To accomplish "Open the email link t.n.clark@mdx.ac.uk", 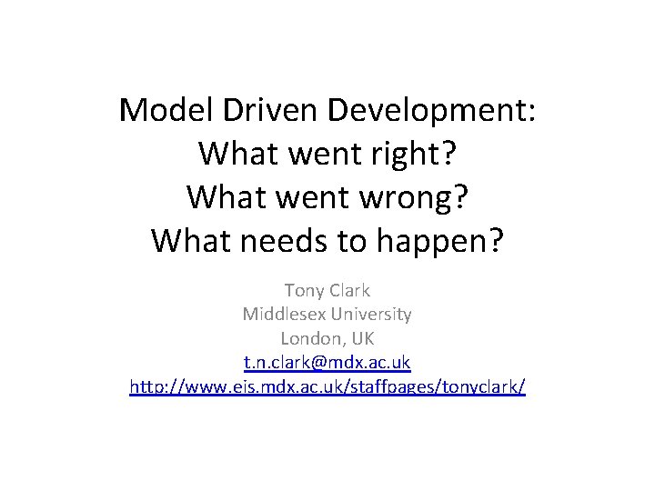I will click(x=327, y=362).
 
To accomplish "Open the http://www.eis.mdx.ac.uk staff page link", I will click(x=327, y=386).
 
